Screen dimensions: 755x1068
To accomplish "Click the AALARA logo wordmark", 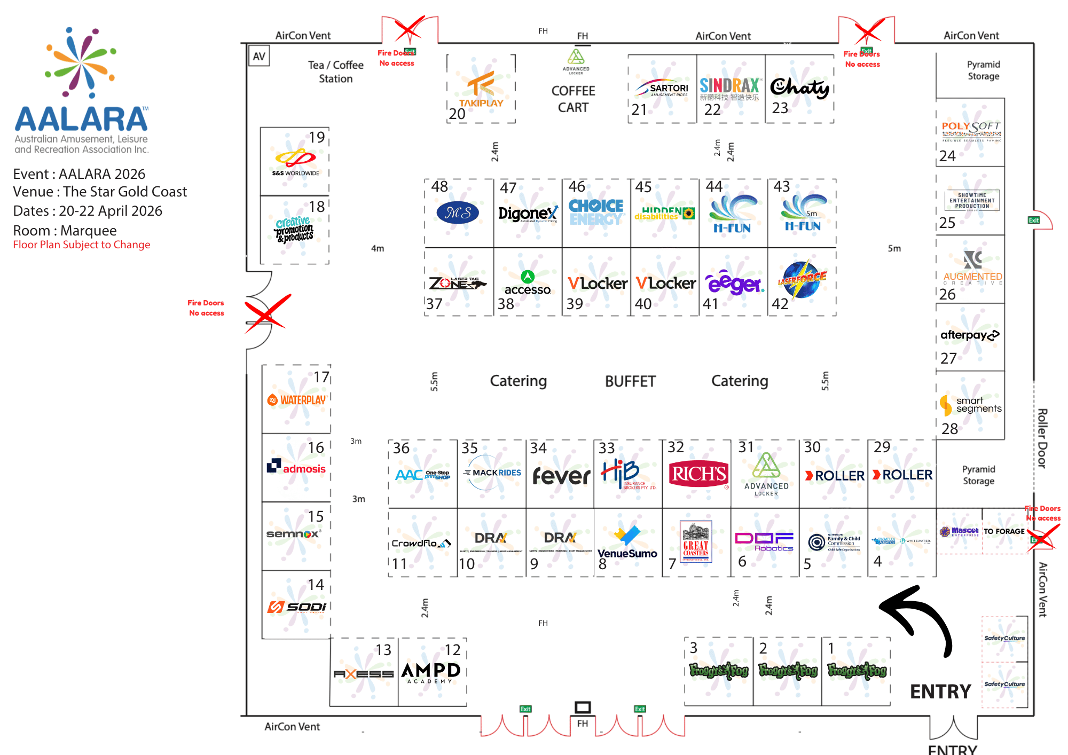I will [x=81, y=119].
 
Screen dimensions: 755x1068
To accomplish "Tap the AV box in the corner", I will [x=259, y=56].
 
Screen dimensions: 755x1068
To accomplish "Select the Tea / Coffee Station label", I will [x=335, y=72].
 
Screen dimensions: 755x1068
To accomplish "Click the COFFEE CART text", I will [x=573, y=99].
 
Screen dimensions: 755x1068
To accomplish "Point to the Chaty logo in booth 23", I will [x=799, y=88].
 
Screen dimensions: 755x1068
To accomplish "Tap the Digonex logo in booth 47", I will [x=528, y=214].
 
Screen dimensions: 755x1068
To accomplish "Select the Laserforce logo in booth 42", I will [x=802, y=279].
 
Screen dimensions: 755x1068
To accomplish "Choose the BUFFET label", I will [x=630, y=381].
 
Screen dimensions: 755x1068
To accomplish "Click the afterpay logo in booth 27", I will [x=970, y=335].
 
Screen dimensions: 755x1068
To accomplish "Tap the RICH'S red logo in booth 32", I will [x=698, y=474].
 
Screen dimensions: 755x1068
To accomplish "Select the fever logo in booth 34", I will [x=561, y=475].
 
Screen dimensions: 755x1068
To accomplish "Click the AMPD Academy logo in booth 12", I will [x=431, y=672].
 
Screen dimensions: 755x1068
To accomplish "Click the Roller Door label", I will [x=1042, y=438].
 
